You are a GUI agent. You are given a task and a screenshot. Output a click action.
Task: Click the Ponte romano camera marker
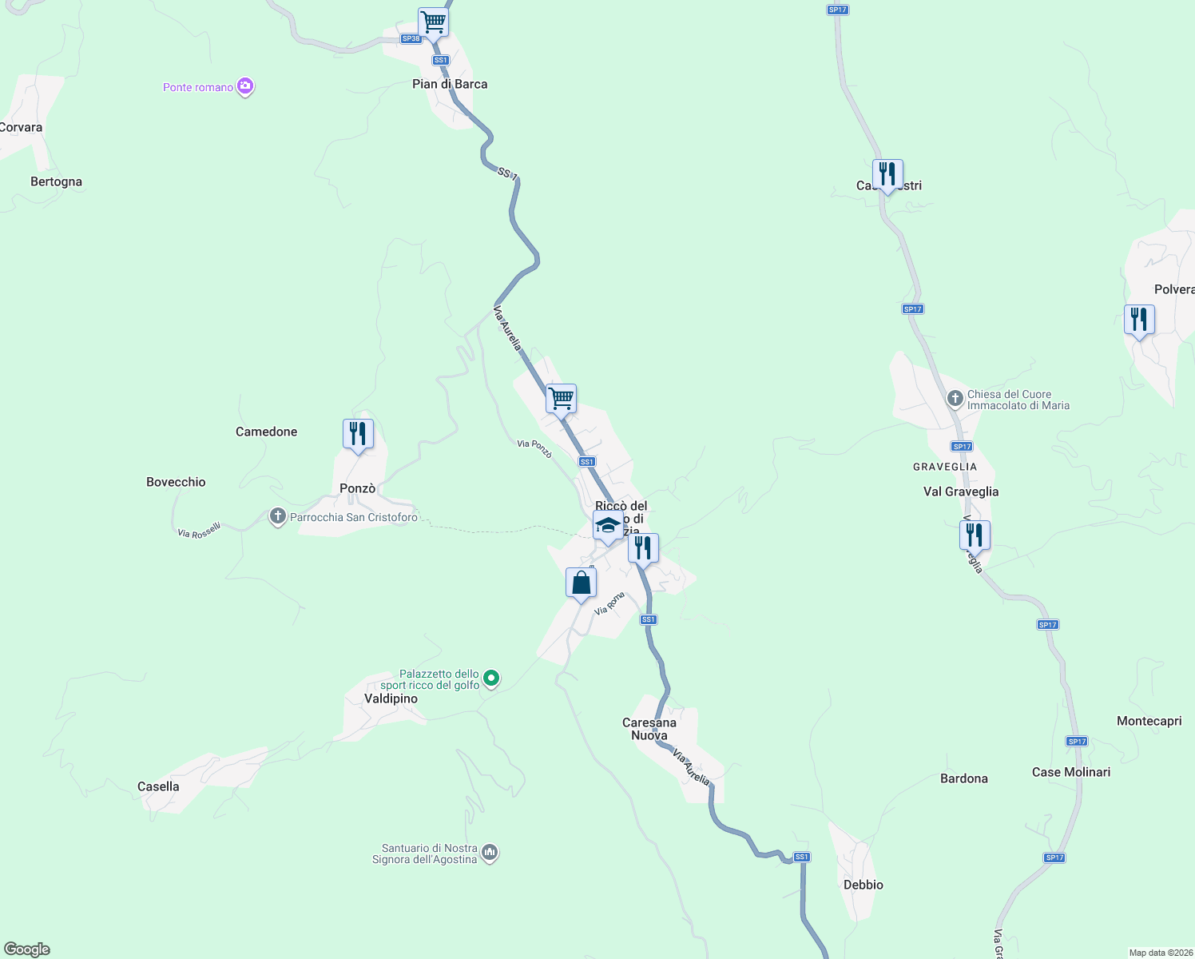tap(245, 86)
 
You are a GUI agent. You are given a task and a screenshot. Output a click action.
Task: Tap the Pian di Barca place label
tap(450, 84)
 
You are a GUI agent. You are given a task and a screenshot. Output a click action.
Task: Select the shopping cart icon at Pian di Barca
tap(433, 22)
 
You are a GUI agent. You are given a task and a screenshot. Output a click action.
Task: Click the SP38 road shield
tap(411, 38)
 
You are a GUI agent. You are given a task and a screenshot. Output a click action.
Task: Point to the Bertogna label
tap(56, 181)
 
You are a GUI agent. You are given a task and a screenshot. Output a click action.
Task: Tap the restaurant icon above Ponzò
tap(358, 434)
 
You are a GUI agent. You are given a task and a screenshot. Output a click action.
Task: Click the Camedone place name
tap(266, 432)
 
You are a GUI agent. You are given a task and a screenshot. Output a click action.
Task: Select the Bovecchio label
tap(176, 482)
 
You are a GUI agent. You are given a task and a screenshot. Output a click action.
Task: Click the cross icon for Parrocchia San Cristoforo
tap(277, 516)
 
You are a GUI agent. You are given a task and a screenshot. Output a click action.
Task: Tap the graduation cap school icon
tap(608, 526)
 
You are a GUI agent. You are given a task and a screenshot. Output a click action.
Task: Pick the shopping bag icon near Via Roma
tap(581, 583)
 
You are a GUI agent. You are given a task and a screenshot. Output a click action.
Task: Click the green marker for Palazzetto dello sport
tap(492, 678)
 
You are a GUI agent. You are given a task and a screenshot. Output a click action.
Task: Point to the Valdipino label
tap(391, 698)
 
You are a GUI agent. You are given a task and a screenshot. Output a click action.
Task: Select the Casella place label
tap(158, 786)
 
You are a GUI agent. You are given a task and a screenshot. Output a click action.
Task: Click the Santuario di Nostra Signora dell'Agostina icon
tap(490, 854)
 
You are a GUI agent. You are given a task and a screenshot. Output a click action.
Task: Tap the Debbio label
tap(863, 885)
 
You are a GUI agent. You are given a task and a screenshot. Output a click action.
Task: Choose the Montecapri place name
tap(1149, 721)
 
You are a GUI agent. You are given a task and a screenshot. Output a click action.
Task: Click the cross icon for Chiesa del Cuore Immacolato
tap(955, 398)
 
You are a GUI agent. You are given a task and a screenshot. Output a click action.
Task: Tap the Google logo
tap(27, 949)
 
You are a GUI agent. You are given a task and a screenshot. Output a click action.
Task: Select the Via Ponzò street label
tap(534, 448)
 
